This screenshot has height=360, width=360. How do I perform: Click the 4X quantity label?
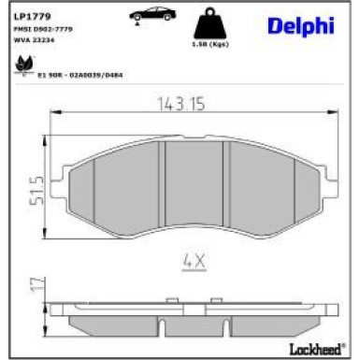coord(194,263)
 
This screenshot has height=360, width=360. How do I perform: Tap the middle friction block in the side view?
coord(193,321)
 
